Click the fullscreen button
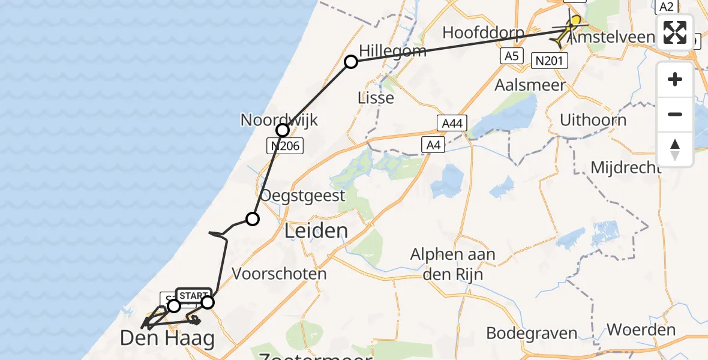pyautogui.click(x=675, y=32)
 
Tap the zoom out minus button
pyautogui.click(x=675, y=114)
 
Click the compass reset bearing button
pyautogui.click(x=675, y=149)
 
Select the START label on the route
pyautogui.click(x=193, y=296)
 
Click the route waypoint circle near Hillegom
pyautogui.click(x=350, y=61)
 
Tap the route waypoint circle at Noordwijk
pyautogui.click(x=283, y=130)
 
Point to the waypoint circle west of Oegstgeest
pyautogui.click(x=253, y=219)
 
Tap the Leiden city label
pyautogui.click(x=316, y=230)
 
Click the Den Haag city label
pyautogui.click(x=167, y=338)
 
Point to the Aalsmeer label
pyautogui.click(x=530, y=85)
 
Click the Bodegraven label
pyautogui.click(x=523, y=333)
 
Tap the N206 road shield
pyautogui.click(x=285, y=145)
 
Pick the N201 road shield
pyautogui.click(x=548, y=59)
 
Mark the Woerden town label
pyautogui.click(x=641, y=329)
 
